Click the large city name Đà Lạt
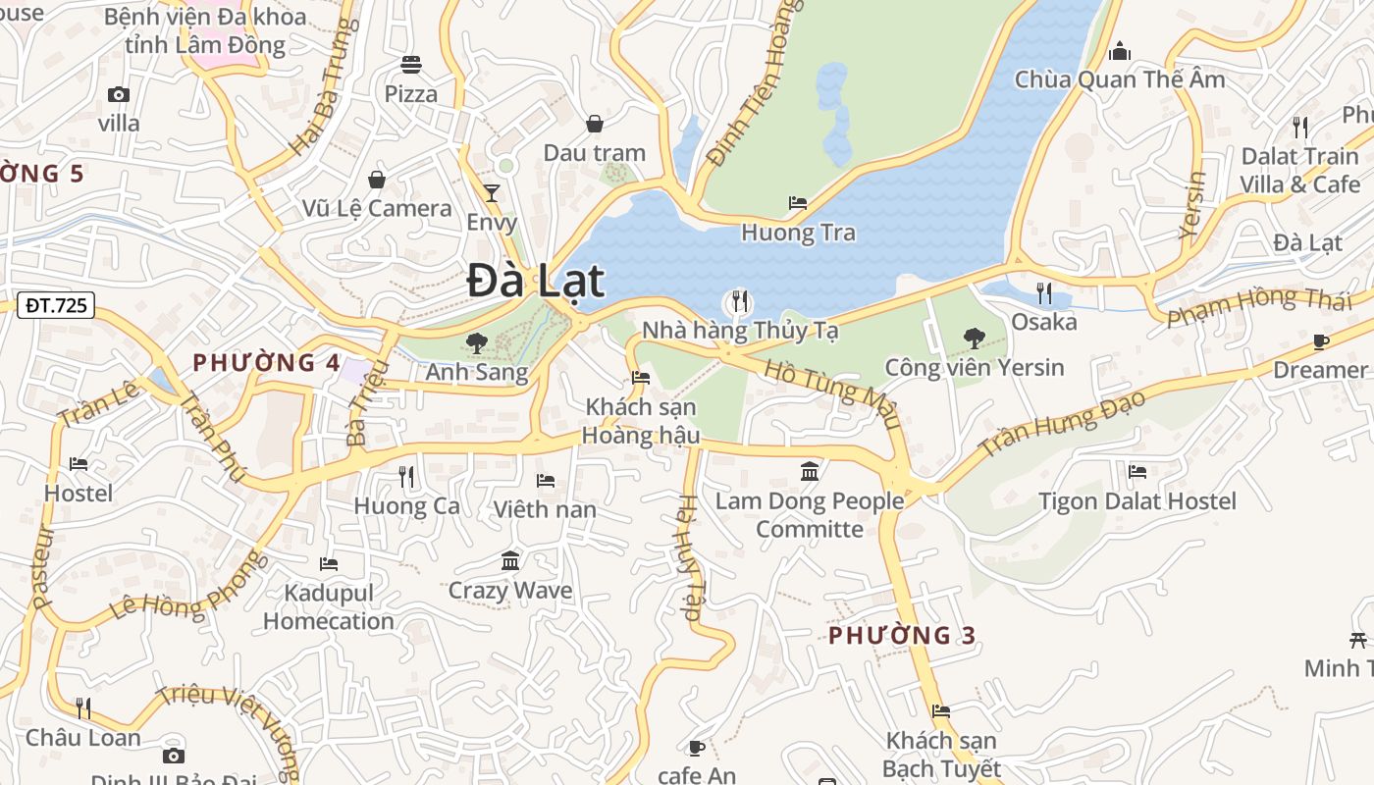click(x=535, y=282)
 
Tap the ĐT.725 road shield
click(x=56, y=305)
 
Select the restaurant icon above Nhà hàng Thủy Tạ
click(x=739, y=300)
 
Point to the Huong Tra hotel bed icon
click(x=798, y=203)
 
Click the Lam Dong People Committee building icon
click(x=810, y=472)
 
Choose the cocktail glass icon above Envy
click(x=492, y=192)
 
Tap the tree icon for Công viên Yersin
click(x=974, y=339)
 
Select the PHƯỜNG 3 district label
click(x=902, y=636)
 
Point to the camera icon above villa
click(x=119, y=94)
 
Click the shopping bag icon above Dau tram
click(x=594, y=124)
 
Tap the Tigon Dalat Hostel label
click(x=1137, y=501)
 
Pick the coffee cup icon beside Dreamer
click(x=1320, y=341)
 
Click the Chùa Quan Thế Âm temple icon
click(x=1119, y=51)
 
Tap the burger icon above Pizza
click(x=410, y=65)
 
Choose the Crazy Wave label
click(x=510, y=591)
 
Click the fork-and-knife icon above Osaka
click(x=1043, y=292)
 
